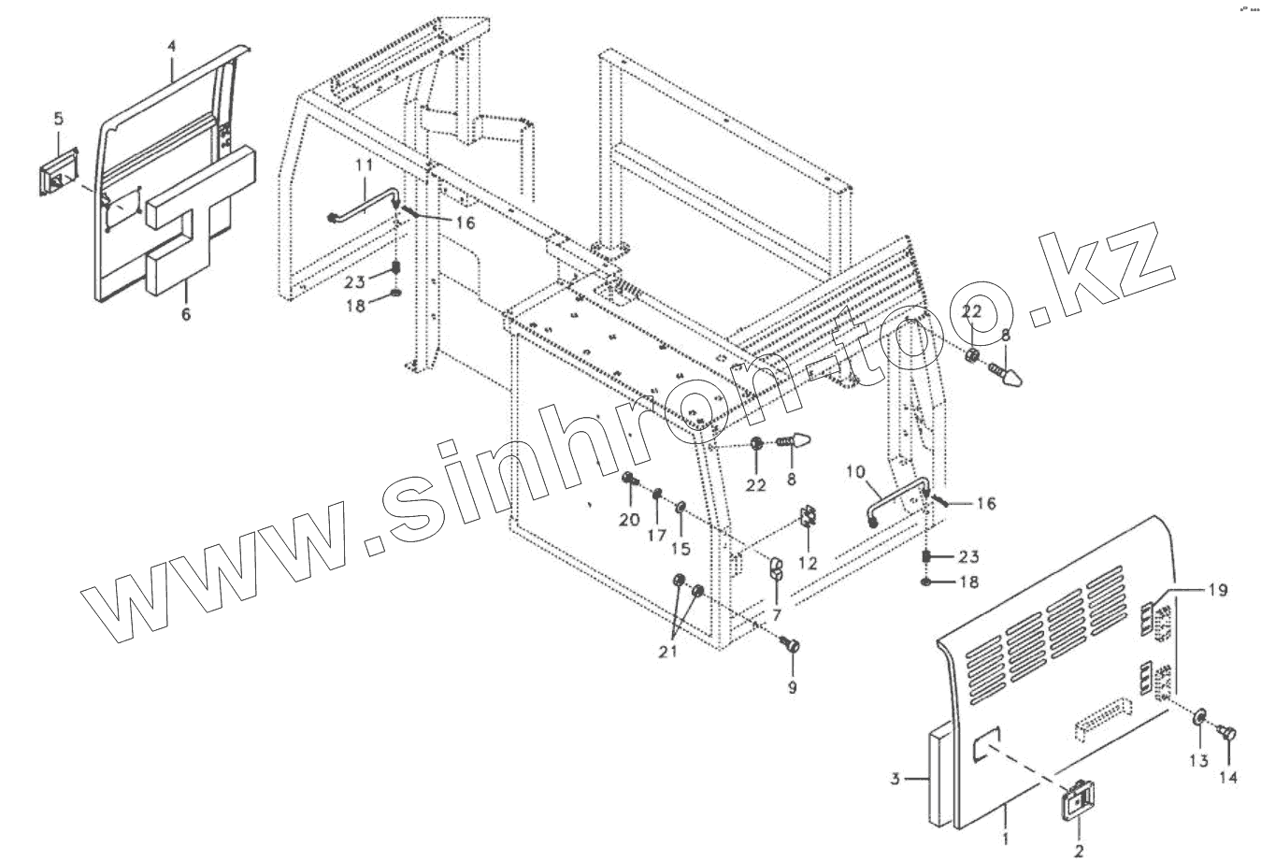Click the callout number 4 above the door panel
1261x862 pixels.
[x=172, y=46]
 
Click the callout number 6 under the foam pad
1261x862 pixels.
[x=185, y=315]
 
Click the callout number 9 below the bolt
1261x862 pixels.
[x=793, y=687]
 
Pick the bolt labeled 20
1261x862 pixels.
[x=628, y=481]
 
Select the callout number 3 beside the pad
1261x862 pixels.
[x=895, y=778]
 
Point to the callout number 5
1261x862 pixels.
[x=58, y=119]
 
